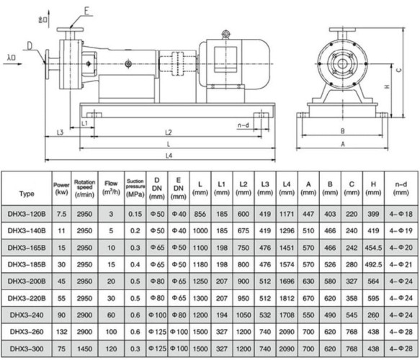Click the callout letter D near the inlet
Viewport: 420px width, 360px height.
[x=30, y=45]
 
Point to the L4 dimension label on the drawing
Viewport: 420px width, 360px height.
[x=169, y=155]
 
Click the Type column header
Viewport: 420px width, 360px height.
[x=27, y=194]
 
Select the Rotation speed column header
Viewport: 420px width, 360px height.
[x=84, y=189]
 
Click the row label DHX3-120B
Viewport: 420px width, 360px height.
[x=27, y=215]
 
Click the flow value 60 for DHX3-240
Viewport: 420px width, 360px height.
[x=110, y=314]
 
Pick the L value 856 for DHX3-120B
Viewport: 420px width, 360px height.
[x=200, y=215]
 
